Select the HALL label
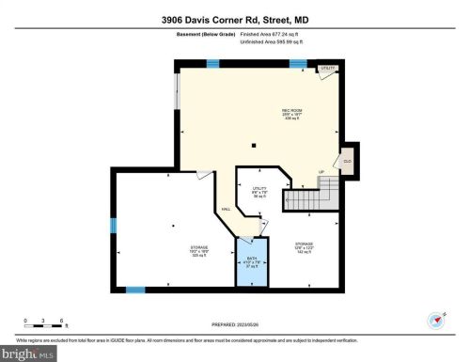click(x=226, y=209)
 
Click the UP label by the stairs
click(x=322, y=172)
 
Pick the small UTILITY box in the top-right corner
click(x=327, y=69)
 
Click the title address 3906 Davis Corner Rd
click(x=235, y=16)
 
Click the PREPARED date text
click(x=234, y=326)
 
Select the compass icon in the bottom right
click(x=434, y=320)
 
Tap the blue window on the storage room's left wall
click(x=113, y=225)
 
